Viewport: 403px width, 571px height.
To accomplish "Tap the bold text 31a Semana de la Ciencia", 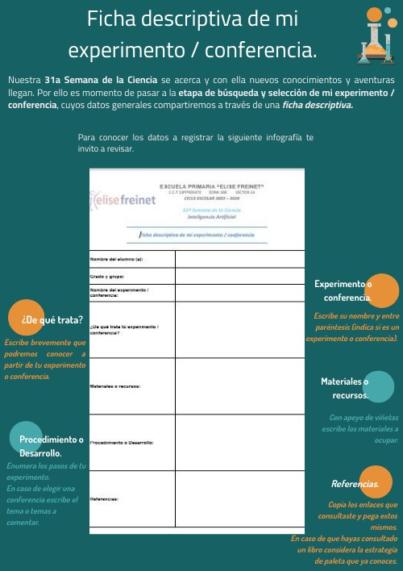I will click(x=102, y=80).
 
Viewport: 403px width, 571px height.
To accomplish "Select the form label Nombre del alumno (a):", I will click(x=116, y=259).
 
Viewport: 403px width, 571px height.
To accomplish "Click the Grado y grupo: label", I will click(x=106, y=276).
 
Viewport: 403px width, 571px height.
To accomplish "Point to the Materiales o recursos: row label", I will click(x=116, y=386).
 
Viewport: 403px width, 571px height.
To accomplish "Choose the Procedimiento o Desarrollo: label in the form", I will click(x=122, y=443).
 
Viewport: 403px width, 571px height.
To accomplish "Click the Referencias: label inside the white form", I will click(x=105, y=499).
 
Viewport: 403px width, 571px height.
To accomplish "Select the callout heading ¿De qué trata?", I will click(x=52, y=319).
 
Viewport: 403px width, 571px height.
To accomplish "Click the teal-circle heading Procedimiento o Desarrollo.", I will click(x=52, y=446).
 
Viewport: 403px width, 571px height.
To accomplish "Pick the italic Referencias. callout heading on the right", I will click(x=355, y=484).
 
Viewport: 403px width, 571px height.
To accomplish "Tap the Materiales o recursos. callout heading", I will click(x=344, y=388).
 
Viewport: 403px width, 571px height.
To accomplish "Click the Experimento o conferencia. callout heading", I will click(x=343, y=290).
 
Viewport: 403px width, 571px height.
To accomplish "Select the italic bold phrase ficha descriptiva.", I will click(x=318, y=104).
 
